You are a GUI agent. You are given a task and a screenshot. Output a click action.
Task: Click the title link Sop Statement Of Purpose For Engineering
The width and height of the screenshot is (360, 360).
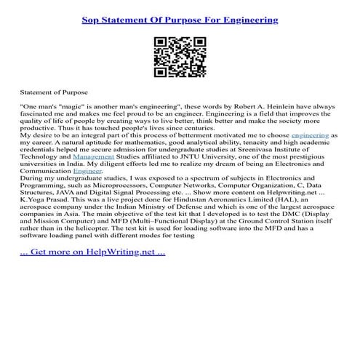[x=180, y=20]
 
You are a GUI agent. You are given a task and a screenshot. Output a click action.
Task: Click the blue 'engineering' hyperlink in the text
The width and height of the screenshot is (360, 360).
[x=310, y=136]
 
